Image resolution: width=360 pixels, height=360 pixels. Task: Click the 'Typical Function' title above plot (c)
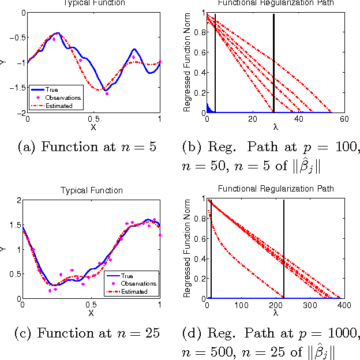[x=91, y=190]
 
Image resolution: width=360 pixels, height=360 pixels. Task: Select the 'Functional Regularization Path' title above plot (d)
[x=275, y=190]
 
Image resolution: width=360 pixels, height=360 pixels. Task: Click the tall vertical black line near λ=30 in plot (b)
[x=274, y=63]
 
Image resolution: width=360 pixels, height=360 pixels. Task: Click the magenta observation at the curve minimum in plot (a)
[x=107, y=93]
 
